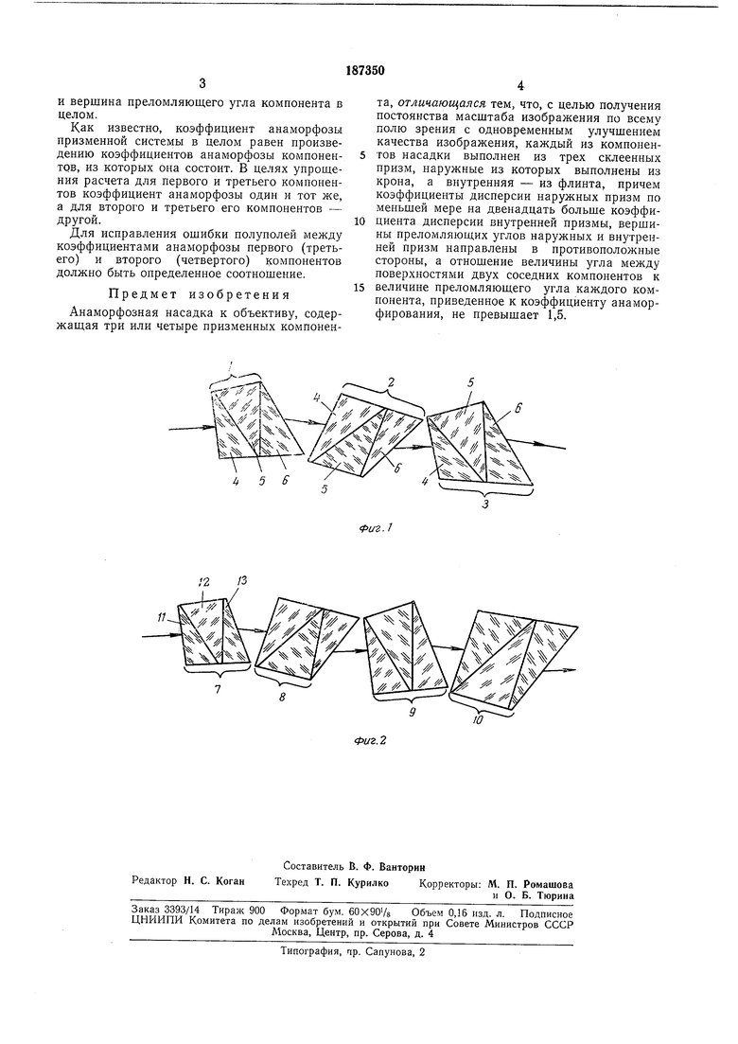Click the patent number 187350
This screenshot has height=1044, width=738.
[x=367, y=69]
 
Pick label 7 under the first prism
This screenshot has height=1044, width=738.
[x=217, y=690]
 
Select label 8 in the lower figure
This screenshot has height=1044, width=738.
[x=282, y=696]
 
